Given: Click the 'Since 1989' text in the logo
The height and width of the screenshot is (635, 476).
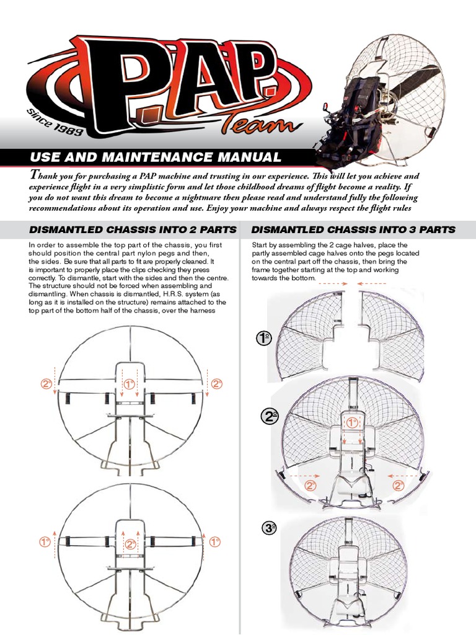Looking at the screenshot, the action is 55,122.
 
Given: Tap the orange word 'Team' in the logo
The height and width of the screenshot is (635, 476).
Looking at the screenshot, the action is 262,123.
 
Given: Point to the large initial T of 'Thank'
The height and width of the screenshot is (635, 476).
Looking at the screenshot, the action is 35,175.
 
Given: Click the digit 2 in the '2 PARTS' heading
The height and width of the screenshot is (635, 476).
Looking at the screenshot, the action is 192,229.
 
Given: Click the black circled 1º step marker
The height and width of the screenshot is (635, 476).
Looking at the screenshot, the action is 263,338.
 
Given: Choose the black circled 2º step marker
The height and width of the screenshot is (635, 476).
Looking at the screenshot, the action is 270,416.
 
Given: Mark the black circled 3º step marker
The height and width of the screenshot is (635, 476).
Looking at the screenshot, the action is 269,528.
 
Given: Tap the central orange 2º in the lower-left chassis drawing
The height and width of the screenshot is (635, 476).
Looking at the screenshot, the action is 130,544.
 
